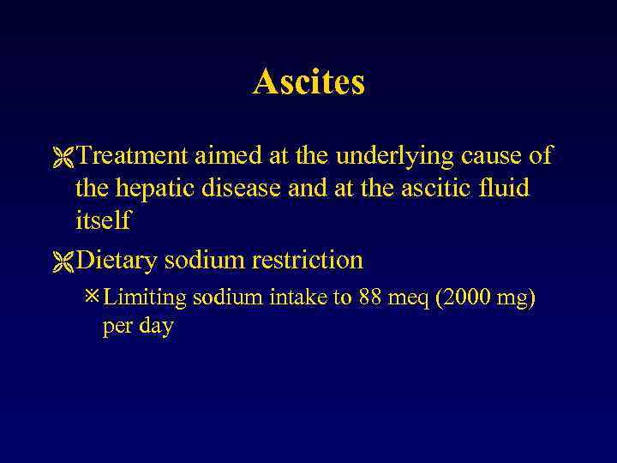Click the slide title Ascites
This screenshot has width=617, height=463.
(x=308, y=82)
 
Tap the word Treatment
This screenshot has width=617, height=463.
(x=131, y=156)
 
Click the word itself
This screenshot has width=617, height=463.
(x=102, y=219)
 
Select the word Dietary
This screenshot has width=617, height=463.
(x=117, y=259)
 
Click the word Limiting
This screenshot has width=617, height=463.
(x=145, y=298)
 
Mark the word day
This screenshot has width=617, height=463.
(x=155, y=328)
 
